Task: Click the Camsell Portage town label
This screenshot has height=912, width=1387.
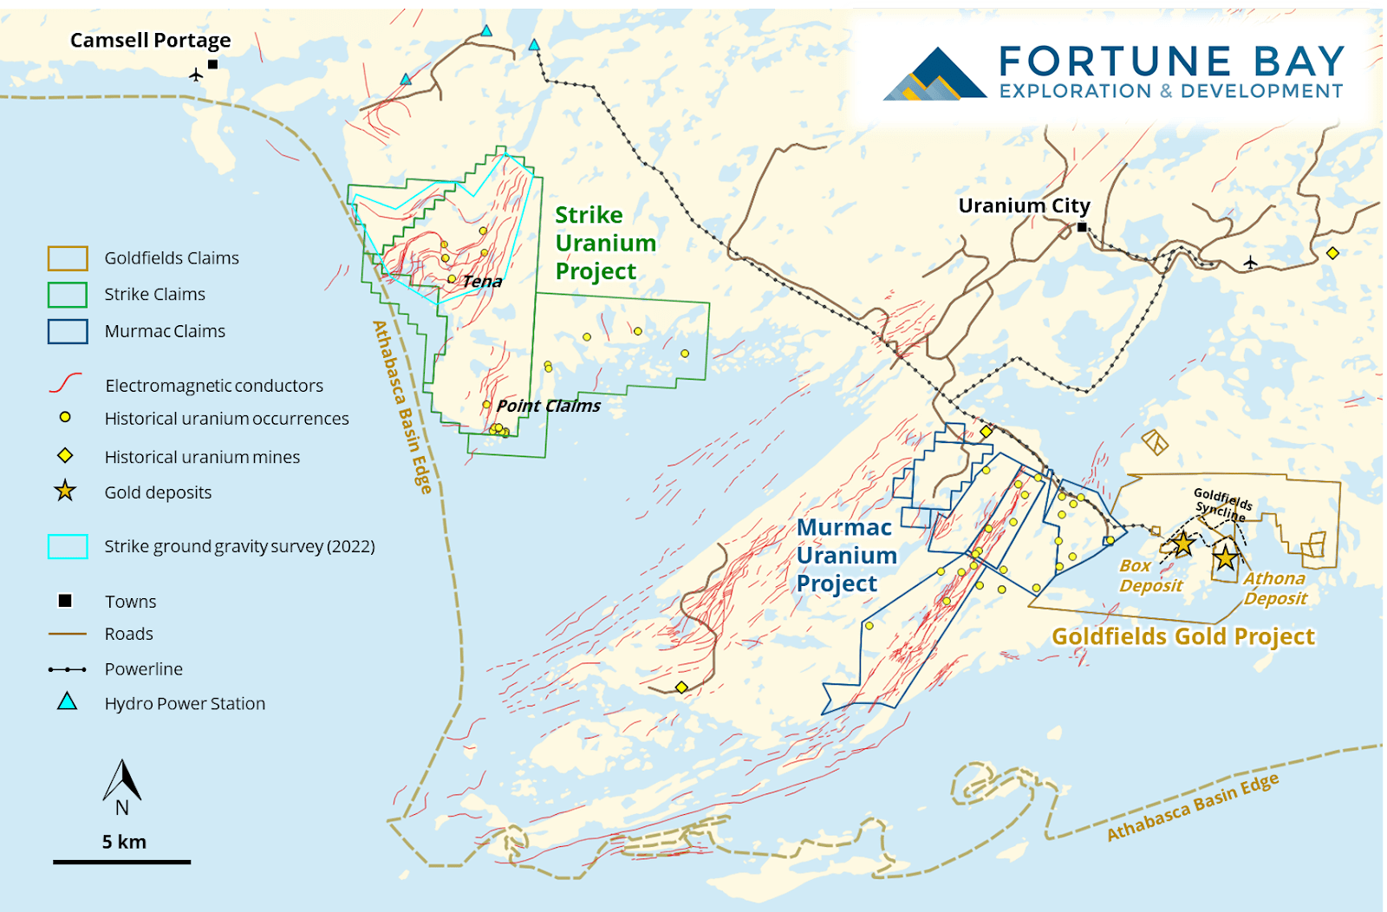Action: click(150, 40)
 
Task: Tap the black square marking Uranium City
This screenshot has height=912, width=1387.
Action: click(1082, 227)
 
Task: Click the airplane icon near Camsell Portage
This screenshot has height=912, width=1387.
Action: click(196, 75)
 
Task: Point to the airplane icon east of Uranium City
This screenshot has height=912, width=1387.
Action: click(1250, 262)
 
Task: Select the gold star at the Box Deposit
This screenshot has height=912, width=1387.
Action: click(1182, 544)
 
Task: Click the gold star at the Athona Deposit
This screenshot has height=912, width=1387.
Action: click(1225, 557)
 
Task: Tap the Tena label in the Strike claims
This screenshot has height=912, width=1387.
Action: click(482, 281)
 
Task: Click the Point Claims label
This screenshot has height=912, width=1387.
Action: click(548, 406)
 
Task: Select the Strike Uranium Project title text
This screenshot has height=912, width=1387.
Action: click(604, 243)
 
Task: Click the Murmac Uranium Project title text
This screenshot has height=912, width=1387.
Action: click(846, 556)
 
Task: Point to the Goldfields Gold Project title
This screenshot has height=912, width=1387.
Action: click(1182, 636)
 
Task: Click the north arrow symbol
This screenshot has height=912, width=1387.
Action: click(122, 781)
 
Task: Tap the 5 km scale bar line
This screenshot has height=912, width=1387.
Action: click(121, 862)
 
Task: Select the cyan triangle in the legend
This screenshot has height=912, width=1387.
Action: click(67, 702)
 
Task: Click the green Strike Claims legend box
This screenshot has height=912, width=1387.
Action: click(68, 295)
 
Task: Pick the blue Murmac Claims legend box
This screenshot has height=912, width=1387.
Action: click(68, 331)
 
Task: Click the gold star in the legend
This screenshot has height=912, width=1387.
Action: click(65, 492)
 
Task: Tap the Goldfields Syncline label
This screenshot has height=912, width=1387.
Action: click(1222, 505)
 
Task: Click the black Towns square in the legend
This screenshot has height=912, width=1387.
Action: click(65, 601)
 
